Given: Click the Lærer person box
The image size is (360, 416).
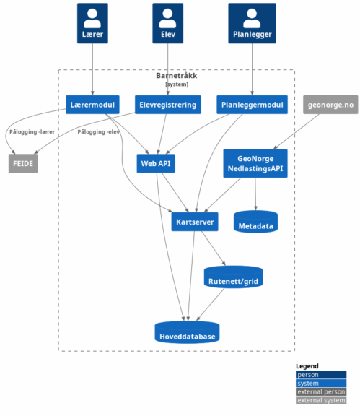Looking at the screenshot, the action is coord(92,23).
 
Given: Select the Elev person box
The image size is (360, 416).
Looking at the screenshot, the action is coord(167,23).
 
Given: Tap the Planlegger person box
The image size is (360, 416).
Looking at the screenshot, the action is coord(252,23).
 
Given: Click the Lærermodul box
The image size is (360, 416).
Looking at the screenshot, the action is coord(92,105).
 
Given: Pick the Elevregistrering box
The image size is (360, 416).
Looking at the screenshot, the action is coord(168,105).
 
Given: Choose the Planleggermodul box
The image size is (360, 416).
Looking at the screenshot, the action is coord(252,105).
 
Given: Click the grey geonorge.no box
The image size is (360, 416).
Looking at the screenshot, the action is coord(330,105).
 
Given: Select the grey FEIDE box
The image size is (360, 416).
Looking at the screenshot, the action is coord(23,163).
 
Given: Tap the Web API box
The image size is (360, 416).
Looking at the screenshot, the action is coord(156,163).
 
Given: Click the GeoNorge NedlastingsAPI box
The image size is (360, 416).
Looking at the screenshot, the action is coord(255,163).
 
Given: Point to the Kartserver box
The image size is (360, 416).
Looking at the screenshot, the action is coord(195,222).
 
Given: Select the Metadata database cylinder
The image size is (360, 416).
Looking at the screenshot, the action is coord(255,222).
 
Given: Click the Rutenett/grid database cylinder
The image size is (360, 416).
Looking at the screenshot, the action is coord(233,277).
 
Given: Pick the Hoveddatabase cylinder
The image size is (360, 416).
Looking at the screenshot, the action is coord(187,332).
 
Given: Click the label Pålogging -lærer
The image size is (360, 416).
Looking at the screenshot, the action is coord(32,132).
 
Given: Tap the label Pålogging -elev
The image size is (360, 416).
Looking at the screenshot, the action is coord(99,132).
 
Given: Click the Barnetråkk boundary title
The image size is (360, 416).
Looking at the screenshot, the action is coord(177,76).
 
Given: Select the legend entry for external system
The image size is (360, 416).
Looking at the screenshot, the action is coord(321,400).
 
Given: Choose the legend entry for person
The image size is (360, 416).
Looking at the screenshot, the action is coord(321,375).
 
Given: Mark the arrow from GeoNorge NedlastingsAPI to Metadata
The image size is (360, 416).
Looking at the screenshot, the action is coord(255,194).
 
